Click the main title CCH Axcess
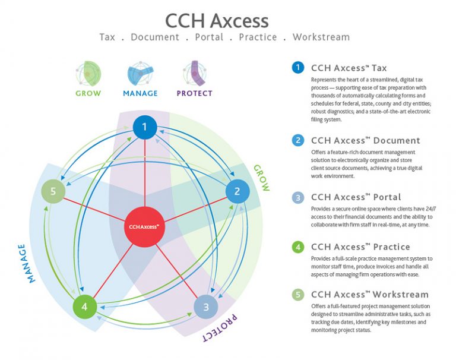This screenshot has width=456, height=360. coord(217,21)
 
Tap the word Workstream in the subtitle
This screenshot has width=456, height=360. coord(321,37)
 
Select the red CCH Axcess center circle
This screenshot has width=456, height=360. coord(144,226)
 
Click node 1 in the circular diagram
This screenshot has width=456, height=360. coord(144,127)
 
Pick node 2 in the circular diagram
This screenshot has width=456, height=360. coord(237,191)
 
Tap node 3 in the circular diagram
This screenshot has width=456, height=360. coord(206,307)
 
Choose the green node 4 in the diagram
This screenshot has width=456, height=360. coord(84,307)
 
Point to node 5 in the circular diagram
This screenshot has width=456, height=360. coord(53,191)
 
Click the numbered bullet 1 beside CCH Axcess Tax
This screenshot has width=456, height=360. coord(298,68)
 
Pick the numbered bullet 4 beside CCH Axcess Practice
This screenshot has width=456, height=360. coord(298,247)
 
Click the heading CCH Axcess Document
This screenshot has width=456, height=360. coord(365,141)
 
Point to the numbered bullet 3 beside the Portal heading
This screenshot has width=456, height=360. coord(298,197)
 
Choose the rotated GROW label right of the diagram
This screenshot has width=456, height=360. coord(262,178)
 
